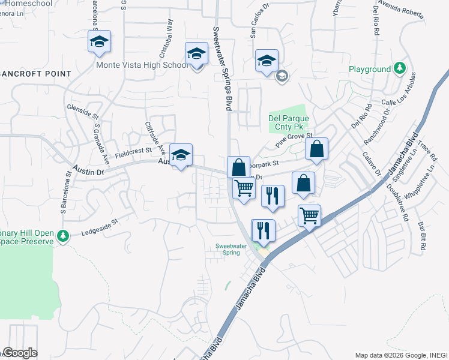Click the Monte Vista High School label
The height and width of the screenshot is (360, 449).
142,65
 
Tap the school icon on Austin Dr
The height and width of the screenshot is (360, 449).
181,155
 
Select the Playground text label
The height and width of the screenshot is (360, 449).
370,69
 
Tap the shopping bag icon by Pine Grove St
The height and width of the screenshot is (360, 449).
316,149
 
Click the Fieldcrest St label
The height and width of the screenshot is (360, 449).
133,153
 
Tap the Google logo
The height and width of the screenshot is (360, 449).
20,353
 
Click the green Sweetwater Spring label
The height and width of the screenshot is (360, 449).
228,249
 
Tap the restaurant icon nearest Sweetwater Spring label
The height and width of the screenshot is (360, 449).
264,230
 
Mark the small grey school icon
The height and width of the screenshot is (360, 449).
282,76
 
